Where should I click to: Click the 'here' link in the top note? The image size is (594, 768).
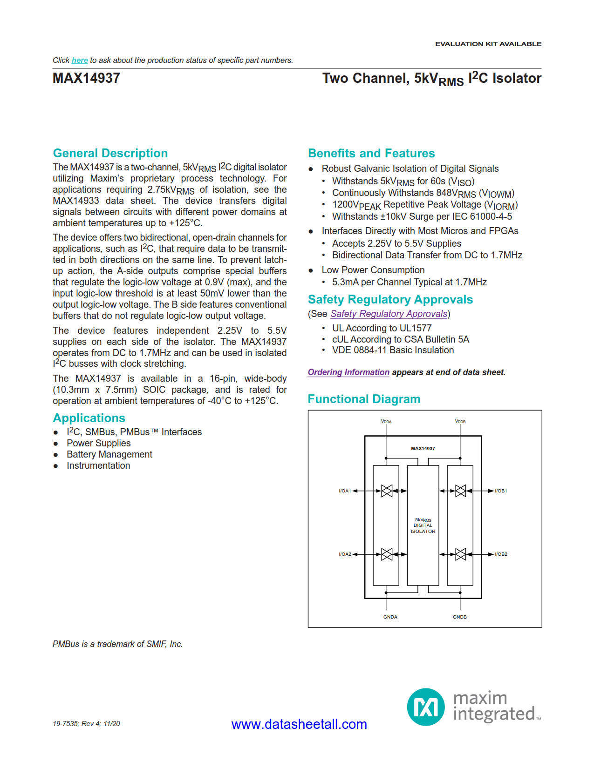(x=80, y=61)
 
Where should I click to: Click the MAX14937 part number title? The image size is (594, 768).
(x=86, y=78)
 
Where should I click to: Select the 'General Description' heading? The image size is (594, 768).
(x=110, y=153)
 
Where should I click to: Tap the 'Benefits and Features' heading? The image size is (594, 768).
(x=371, y=153)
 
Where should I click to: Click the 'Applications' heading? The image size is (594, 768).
(x=89, y=418)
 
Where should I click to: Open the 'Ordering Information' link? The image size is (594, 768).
(x=348, y=372)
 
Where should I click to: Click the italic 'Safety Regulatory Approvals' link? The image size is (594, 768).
(x=389, y=314)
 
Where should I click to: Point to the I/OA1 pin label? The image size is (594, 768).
(x=345, y=491)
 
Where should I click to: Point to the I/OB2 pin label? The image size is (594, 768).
(x=501, y=554)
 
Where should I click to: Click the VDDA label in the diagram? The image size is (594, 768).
(x=386, y=422)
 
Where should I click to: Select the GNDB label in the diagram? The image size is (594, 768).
(x=460, y=617)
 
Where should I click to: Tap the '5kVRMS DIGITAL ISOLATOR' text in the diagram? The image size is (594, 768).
(x=423, y=525)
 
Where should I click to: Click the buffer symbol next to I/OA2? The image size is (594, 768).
(x=387, y=554)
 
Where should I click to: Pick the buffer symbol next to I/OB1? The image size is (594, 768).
(x=460, y=491)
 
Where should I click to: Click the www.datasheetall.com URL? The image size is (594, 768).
(x=299, y=724)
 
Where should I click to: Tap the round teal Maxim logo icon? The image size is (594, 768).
(x=426, y=707)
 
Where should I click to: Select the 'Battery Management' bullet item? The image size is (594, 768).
(x=109, y=455)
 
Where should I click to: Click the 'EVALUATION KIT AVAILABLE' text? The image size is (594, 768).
(x=488, y=44)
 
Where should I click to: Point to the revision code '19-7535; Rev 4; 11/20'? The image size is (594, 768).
(x=86, y=724)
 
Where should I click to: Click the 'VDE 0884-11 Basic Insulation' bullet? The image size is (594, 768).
(x=393, y=350)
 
